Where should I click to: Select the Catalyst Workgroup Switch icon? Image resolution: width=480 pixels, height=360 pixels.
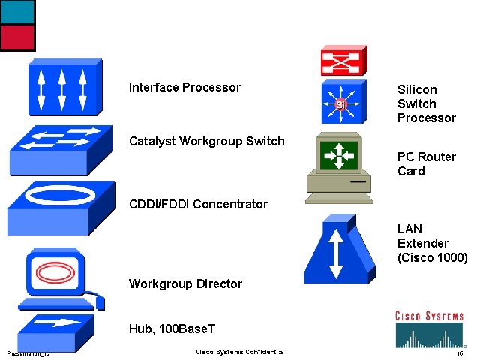[x=61, y=149]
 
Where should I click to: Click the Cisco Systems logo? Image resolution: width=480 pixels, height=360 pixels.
[x=429, y=326]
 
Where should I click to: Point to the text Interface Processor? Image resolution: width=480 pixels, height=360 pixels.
[x=184, y=88]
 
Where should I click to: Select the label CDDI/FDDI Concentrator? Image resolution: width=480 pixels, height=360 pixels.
[x=198, y=204]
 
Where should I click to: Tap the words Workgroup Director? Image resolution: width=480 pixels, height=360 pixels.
[x=185, y=283]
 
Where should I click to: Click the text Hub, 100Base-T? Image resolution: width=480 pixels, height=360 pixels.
[x=172, y=328]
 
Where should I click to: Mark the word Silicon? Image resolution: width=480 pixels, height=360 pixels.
[x=417, y=89]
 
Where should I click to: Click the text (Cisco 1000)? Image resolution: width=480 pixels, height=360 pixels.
[x=432, y=257]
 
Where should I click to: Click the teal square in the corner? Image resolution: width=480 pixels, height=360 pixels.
[x=17, y=11]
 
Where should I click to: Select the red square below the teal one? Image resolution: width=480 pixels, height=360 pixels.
[x=17, y=37]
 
